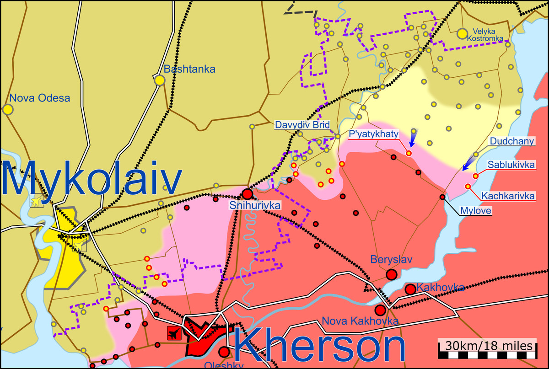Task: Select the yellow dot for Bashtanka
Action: [160, 80]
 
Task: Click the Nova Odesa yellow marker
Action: [7, 109]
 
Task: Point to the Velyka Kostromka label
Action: [485, 35]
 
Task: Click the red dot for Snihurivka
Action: [247, 193]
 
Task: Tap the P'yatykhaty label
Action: [374, 134]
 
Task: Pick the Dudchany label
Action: [512, 141]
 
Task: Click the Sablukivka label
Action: [511, 165]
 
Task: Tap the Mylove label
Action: [476, 211]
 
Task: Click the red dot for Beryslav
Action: [391, 274]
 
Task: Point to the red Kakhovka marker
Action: [410, 289]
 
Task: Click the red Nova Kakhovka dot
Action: [380, 310]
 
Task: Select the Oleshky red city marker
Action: [224, 352]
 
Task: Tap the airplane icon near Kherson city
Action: [174, 334]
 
